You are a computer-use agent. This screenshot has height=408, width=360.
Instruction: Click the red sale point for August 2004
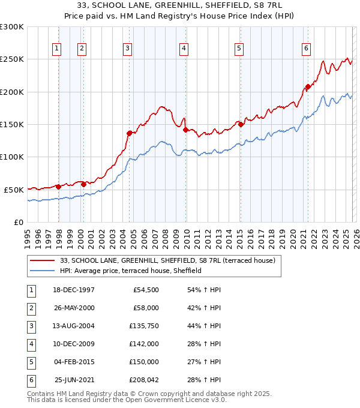pyautogui.click(x=129, y=133)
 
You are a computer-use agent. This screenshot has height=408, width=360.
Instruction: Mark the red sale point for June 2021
pyautogui.click(x=308, y=86)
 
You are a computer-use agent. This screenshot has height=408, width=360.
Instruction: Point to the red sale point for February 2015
pyautogui.click(x=240, y=125)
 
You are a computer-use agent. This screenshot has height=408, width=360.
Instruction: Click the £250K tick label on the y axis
pyautogui.click(x=12, y=59)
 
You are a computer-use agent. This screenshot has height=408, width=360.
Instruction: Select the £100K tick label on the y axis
pyautogui.click(x=12, y=157)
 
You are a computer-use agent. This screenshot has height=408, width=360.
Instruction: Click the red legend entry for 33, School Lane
pyautogui.click(x=167, y=260)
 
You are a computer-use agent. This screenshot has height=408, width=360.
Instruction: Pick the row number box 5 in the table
pyautogui.click(x=30, y=362)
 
